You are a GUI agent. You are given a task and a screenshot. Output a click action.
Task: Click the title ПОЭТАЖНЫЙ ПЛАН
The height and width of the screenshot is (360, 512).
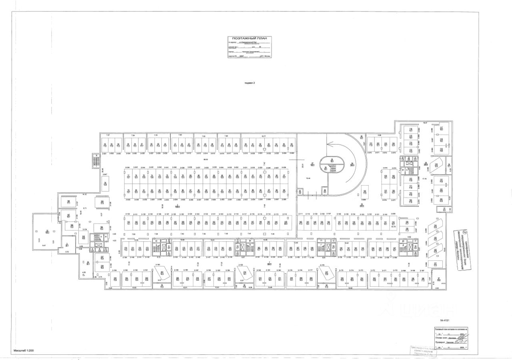pyautogui.click(x=250, y=38)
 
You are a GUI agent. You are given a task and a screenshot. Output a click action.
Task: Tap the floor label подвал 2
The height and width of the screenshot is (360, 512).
pyautogui.click(x=249, y=83)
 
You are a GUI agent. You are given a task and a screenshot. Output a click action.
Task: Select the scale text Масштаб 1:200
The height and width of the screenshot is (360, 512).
pyautogui.click(x=24, y=350)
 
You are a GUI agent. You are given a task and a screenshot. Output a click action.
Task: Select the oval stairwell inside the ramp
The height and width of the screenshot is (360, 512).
pyautogui.click(x=331, y=165)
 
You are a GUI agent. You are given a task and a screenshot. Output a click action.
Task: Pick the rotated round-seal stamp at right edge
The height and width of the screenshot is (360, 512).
pyautogui.click(x=464, y=250)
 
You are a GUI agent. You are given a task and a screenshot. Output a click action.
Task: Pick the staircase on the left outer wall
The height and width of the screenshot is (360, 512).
pyautogui.click(x=95, y=161)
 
